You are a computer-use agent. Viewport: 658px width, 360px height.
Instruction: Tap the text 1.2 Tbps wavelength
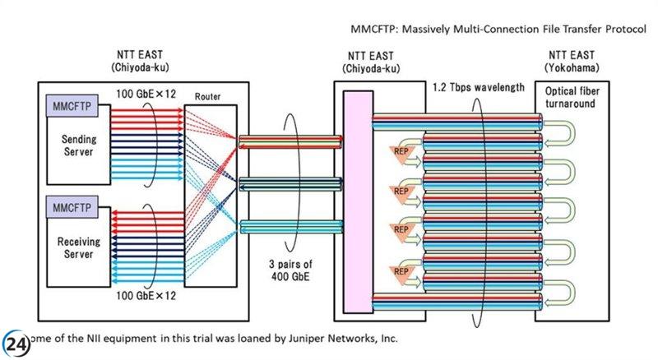tap(478, 87)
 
